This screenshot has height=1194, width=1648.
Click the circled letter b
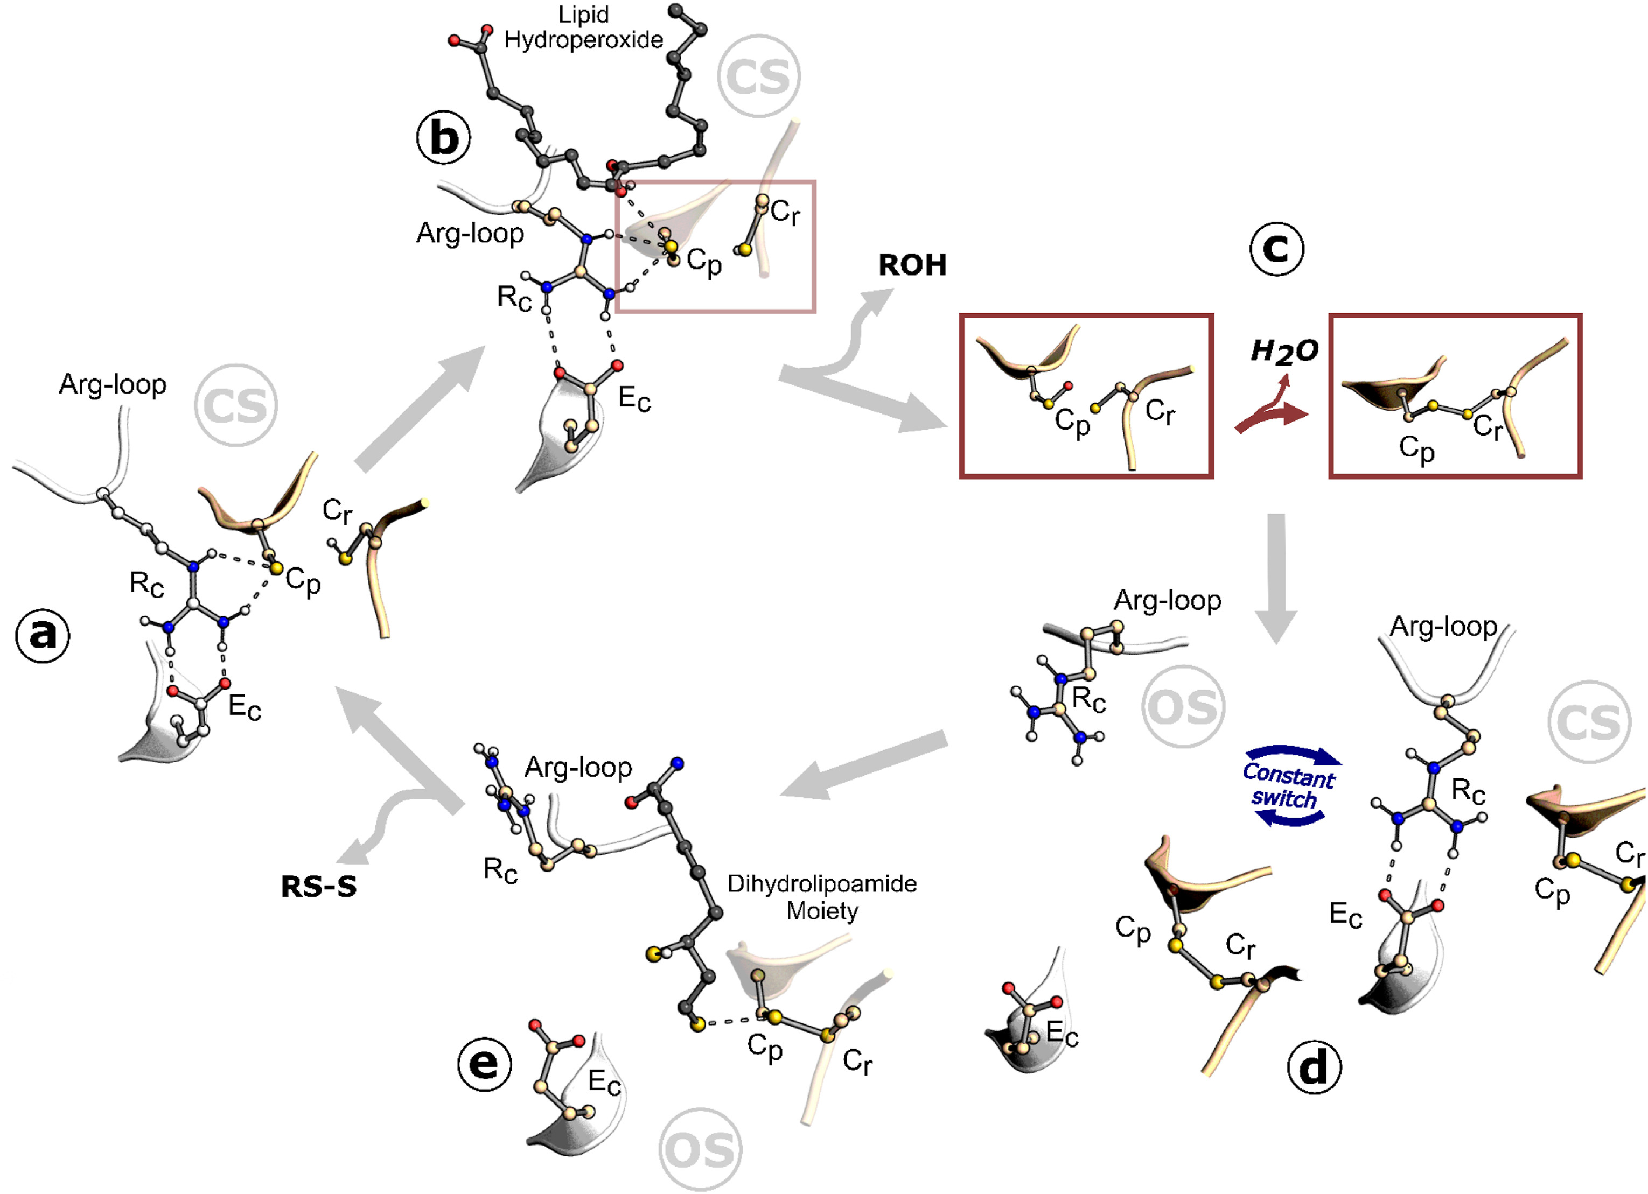(443, 137)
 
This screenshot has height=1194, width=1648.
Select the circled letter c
(1277, 249)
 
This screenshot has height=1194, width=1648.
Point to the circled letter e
(485, 1065)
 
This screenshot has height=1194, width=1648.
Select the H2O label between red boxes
(1284, 352)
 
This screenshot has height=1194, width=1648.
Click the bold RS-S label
(319, 887)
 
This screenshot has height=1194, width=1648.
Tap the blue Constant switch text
(1288, 786)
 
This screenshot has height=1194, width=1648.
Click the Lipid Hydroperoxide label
(583, 27)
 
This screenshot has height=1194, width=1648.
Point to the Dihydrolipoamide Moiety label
(822, 897)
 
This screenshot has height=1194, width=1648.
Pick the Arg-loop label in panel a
(113, 384)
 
